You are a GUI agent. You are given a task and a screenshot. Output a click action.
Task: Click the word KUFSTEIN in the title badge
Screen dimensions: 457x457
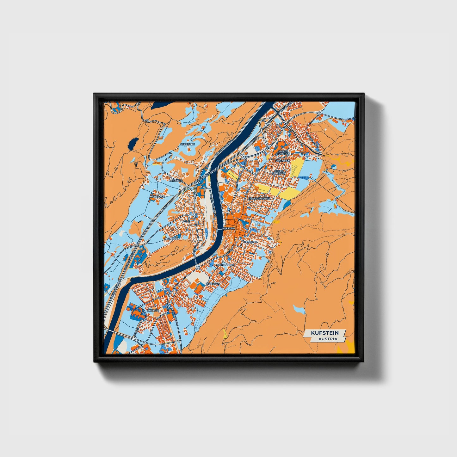324,333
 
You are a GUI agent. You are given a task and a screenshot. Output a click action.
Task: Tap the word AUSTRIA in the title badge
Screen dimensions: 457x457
328,339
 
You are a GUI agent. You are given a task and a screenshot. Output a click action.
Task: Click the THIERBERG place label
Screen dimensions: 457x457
188,144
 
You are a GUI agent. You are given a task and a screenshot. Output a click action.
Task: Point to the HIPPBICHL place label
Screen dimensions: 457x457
176,181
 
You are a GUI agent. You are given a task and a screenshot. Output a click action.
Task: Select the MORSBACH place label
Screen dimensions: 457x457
157,196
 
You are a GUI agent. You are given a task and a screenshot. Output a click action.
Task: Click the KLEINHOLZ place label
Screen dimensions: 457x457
172,239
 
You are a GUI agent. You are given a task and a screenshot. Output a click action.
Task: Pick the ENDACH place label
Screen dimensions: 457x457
153,311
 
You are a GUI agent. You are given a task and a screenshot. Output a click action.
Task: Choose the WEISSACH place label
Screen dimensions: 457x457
213,284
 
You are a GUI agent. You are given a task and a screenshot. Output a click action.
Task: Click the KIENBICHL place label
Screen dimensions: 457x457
251,242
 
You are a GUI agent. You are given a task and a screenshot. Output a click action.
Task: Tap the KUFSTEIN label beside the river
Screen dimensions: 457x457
229,228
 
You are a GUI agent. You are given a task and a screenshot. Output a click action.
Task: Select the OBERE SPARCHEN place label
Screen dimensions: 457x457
279,172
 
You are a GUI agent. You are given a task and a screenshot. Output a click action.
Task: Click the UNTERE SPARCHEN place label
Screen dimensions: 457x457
283,152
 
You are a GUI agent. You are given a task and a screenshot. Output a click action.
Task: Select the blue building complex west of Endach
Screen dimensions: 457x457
135,311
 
